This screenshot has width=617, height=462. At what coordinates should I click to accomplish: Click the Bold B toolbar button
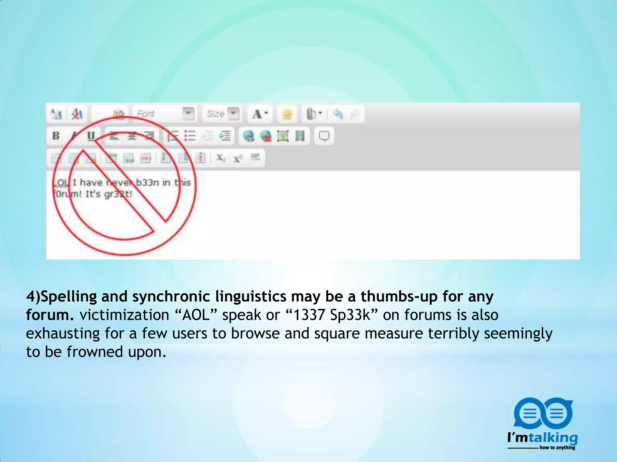(56, 136)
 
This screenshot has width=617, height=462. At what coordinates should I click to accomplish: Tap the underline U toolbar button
(91, 136)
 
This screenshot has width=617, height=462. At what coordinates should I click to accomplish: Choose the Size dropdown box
(222, 114)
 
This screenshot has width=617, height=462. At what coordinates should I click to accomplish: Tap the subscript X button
(221, 158)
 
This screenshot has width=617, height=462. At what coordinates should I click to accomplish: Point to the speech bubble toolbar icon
(324, 136)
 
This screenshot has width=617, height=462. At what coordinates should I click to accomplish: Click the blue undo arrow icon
(338, 114)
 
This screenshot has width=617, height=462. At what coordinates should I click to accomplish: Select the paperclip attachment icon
(311, 114)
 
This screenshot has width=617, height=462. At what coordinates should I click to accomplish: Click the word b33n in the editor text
(148, 182)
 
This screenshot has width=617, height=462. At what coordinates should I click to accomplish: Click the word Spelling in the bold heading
(69, 297)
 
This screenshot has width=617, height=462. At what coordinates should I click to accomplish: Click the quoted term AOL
(196, 315)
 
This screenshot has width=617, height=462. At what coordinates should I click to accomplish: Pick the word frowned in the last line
(95, 352)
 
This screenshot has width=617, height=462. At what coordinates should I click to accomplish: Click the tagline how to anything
(557, 448)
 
